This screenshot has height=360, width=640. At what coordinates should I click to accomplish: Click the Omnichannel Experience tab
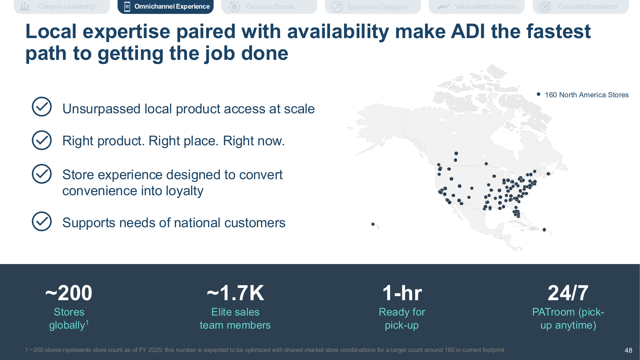click(165, 6)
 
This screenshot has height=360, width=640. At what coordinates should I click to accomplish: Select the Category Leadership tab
click(62, 6)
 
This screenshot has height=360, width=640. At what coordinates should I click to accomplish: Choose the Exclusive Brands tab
click(269, 6)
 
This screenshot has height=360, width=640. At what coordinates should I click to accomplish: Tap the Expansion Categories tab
click(373, 6)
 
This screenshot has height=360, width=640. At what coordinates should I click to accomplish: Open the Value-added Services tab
click(476, 6)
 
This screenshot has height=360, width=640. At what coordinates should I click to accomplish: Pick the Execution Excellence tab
click(580, 6)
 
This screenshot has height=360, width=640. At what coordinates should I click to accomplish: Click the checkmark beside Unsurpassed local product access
click(42, 107)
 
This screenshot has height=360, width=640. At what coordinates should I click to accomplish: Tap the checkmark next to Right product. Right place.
click(42, 140)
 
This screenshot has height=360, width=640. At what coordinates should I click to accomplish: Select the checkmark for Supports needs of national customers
click(42, 221)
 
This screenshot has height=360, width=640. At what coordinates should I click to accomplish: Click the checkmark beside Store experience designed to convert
click(42, 174)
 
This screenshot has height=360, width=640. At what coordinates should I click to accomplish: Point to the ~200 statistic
click(69, 293)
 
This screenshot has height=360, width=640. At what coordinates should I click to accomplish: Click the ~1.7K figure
click(236, 293)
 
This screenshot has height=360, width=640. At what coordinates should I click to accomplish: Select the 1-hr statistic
click(402, 293)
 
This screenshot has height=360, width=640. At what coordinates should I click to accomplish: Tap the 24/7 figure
click(568, 293)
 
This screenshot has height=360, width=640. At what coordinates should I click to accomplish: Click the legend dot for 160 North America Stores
click(539, 94)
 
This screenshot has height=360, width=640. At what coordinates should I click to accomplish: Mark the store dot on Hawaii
click(373, 224)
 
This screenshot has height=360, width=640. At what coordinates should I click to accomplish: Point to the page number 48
click(628, 350)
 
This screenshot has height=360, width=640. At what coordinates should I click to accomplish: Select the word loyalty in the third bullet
click(185, 191)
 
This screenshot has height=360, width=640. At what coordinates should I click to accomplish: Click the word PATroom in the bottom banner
click(554, 312)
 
